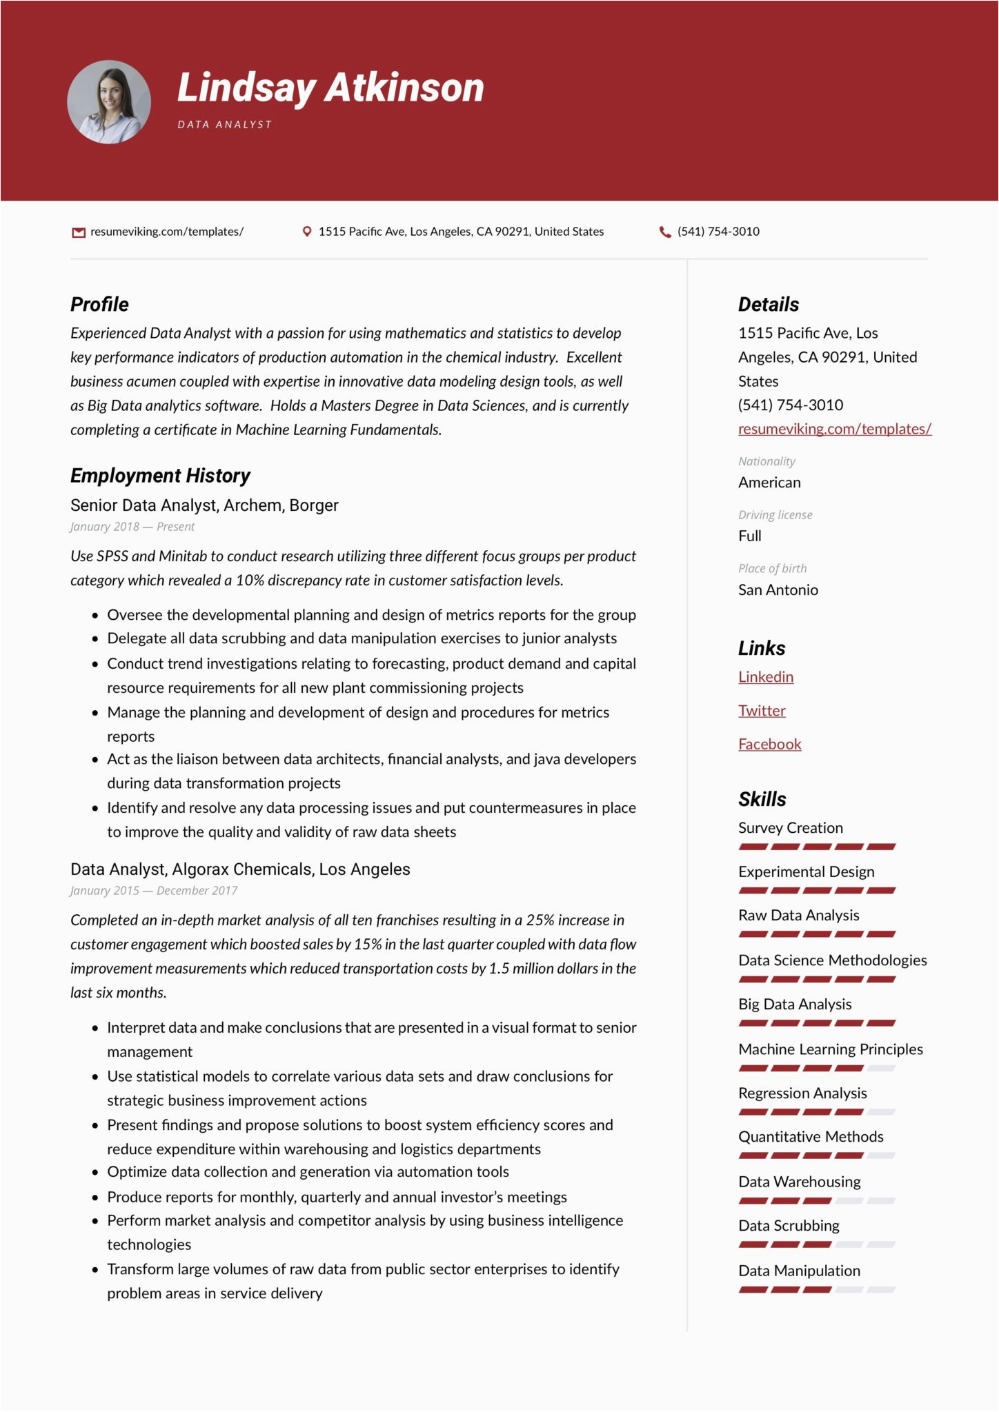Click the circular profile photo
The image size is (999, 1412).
[109, 102]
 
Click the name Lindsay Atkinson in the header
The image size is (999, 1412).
[330, 88]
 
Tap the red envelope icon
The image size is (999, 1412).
[79, 232]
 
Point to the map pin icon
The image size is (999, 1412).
[307, 232]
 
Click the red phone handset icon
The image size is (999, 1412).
[665, 232]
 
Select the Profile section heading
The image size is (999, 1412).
[99, 305]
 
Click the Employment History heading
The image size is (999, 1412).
[160, 476]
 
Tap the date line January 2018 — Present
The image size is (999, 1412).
[132, 527]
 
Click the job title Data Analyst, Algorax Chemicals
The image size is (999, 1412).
[240, 869]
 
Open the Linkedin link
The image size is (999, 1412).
[766, 677]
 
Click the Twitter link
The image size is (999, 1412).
[762, 711]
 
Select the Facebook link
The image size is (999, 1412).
[770, 745]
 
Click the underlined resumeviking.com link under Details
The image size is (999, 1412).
[835, 429]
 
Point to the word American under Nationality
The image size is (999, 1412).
[769, 483]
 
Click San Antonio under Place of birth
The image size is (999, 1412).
[778, 590]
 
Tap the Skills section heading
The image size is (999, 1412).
[762, 800]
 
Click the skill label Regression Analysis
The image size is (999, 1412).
[802, 1093]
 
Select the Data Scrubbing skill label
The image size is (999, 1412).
[789, 1226]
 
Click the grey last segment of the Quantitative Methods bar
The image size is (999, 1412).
[881, 1156]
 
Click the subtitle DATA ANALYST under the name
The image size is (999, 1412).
[225, 125]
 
